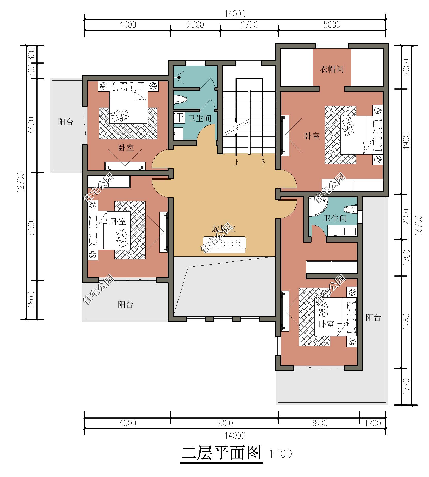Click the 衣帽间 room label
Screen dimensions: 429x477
coord(332,69)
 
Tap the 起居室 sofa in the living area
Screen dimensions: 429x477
coord(224,244)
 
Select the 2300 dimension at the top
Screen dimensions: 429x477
coord(195,25)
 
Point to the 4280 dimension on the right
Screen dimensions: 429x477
coord(407,322)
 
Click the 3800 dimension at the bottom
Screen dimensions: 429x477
coord(319,423)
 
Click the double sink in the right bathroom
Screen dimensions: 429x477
coord(342,232)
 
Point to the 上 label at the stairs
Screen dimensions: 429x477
coord(236,163)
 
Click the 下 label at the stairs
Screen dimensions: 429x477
coord(263,163)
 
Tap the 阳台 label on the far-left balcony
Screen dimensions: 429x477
coord(66,122)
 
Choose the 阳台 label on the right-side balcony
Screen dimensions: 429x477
coord(373,317)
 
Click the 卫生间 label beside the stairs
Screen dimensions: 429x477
coord(199,118)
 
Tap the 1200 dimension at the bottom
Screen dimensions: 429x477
coord(373,423)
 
